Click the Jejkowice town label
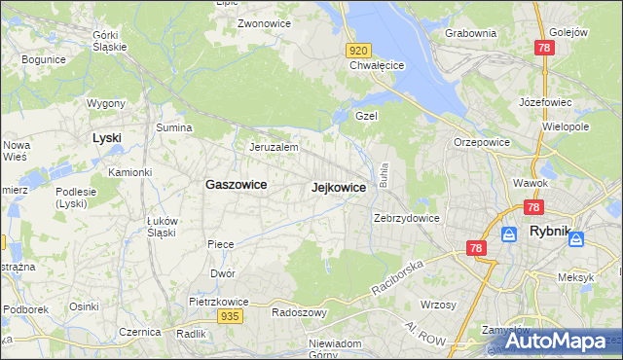tap(339, 188)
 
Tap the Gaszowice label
tap(237, 184)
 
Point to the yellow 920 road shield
tap(358, 50)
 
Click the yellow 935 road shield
tap(230, 316)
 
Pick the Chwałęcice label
tap(377, 66)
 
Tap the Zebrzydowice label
tap(408, 218)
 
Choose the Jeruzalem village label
tap(273, 147)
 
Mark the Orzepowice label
tap(481, 142)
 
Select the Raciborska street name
tap(398, 278)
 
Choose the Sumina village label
tap(173, 127)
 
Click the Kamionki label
tap(129, 172)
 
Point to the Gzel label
tap(366, 115)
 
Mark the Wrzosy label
tap(441, 305)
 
